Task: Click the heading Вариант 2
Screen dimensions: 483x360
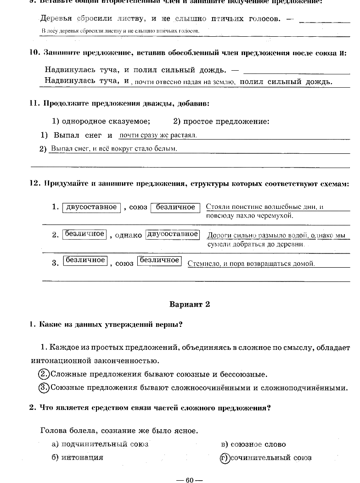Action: pos(190,304)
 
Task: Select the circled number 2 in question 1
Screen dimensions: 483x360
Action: pos(44,374)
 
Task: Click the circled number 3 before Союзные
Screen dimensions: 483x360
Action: pos(44,388)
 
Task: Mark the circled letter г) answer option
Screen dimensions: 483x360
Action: pos(225,458)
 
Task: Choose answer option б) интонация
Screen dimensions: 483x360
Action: pos(77,458)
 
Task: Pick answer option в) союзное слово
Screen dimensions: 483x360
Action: pos(253,444)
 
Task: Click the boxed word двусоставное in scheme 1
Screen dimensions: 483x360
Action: pos(91,208)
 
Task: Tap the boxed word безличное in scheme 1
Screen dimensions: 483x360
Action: pos(175,208)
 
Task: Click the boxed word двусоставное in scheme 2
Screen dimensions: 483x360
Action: pos(172,234)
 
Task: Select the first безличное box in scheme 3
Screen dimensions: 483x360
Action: pos(85,261)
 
